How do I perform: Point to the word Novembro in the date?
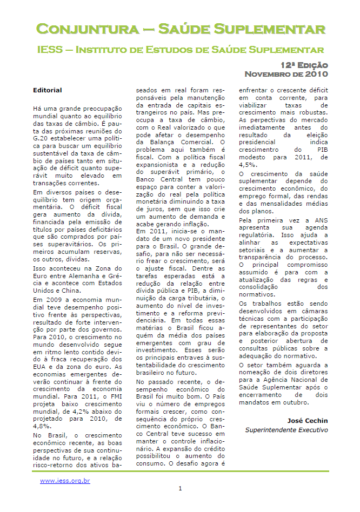pos(271,74)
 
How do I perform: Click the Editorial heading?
pos(48,90)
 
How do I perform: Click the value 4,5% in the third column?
pos(248,164)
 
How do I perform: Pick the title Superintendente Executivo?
pos(286,430)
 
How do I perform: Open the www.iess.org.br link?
pos(65,481)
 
